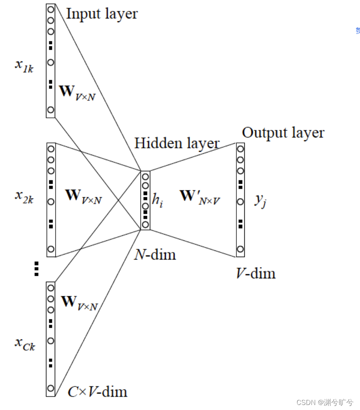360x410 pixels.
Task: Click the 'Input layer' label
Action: [102, 14]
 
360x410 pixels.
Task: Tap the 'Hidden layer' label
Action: [177, 143]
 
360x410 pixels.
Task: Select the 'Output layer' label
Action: [283, 133]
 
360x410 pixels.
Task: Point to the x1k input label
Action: [24, 66]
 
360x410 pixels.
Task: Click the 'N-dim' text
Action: [155, 254]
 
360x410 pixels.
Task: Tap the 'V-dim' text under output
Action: [256, 273]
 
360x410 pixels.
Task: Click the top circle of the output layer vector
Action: [240, 149]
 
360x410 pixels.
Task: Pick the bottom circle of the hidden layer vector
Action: [145, 225]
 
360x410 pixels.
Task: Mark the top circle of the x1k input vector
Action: [51, 9]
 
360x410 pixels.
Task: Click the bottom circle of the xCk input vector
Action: [51, 388]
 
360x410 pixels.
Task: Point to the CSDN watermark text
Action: [325, 402]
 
